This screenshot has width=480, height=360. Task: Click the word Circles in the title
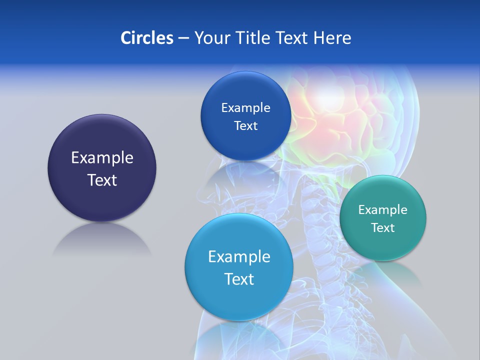point(146,37)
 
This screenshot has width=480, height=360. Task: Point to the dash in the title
point(183,38)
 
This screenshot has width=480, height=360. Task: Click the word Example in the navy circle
point(102,157)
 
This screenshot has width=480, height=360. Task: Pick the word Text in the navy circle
point(102,180)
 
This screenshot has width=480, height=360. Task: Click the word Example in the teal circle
point(383,209)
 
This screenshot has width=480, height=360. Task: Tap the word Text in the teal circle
point(383,227)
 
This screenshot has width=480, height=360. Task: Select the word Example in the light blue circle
point(239,256)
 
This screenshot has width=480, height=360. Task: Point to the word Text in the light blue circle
point(239,279)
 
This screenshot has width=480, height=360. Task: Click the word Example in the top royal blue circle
point(245,107)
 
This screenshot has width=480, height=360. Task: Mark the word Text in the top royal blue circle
point(245,125)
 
